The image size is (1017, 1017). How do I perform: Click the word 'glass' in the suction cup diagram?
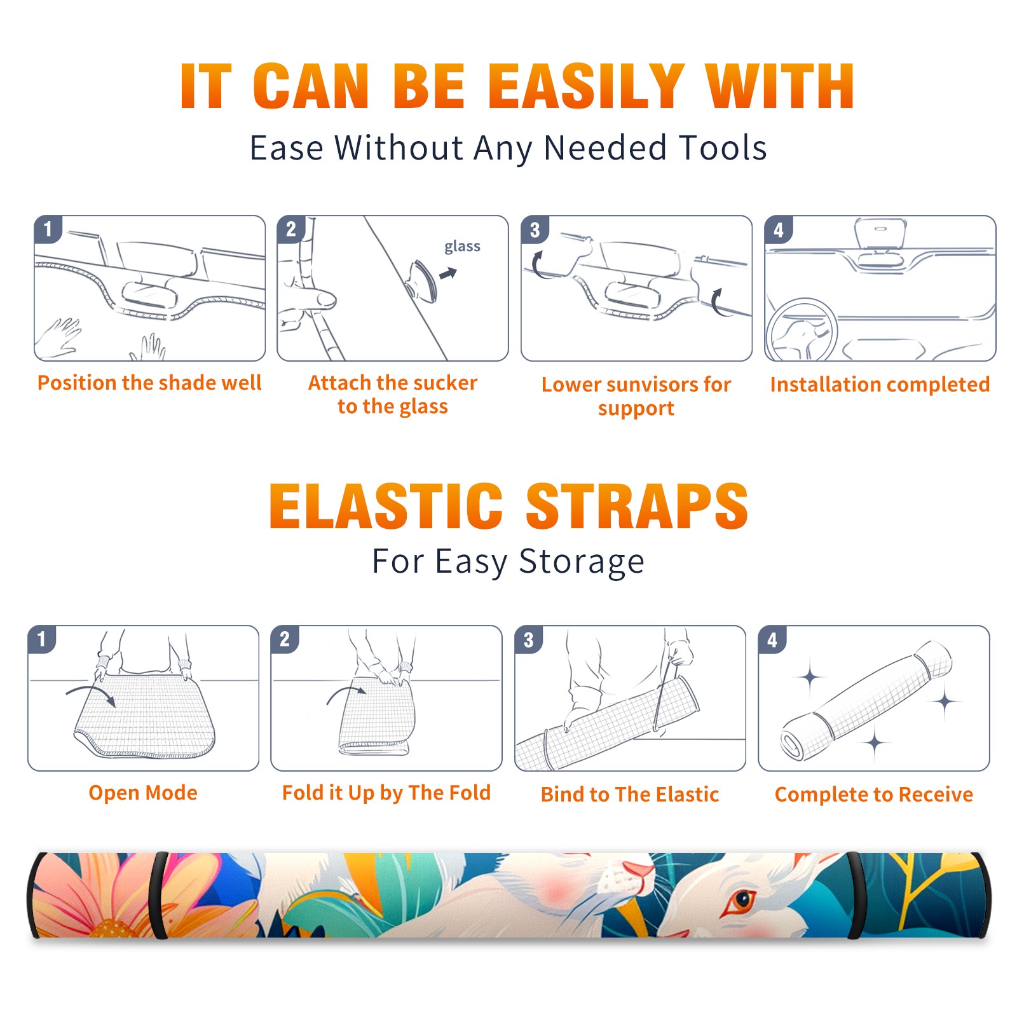(462, 247)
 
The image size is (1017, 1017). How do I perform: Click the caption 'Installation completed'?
(880, 385)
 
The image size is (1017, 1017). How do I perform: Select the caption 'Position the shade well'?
(149, 383)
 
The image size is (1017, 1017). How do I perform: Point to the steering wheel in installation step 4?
(802, 330)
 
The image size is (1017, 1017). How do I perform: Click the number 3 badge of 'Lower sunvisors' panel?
(535, 230)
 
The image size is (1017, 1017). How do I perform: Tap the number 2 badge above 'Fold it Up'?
(285, 639)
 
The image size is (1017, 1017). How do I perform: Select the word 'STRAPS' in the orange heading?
(637, 506)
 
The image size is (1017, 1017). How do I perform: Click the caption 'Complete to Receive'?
(874, 795)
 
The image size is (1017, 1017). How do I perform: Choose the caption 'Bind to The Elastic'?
(630, 795)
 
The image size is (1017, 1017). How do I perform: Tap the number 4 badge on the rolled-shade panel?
(772, 639)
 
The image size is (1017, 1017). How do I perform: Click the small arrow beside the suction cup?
(449, 273)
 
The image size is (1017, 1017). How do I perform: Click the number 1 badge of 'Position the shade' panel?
(48, 229)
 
